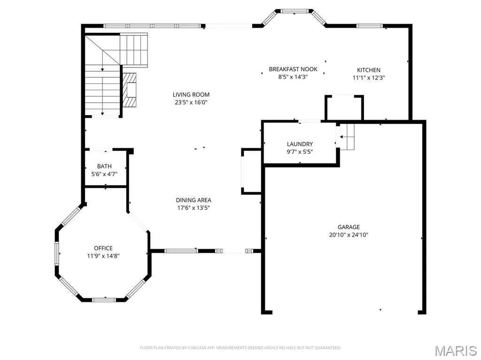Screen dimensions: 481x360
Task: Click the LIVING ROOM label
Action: [x=191, y=95]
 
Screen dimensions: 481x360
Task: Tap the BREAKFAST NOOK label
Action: [x=293, y=69]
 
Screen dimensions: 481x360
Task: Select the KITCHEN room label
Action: [x=368, y=70]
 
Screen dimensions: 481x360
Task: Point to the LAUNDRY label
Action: [x=300, y=144]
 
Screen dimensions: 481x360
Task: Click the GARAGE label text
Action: [x=349, y=227]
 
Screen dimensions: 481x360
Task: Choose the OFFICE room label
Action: [x=103, y=248]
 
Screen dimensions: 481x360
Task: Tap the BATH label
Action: [x=104, y=167]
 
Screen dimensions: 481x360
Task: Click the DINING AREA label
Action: [x=193, y=200]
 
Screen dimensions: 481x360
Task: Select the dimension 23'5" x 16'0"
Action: [x=191, y=102]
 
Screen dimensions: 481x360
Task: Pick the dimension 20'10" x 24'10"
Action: [x=349, y=235]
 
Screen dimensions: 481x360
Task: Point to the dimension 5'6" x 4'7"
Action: [x=104, y=174]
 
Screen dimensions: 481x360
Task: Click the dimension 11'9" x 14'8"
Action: [x=103, y=256]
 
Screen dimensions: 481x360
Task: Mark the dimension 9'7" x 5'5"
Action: [x=300, y=152]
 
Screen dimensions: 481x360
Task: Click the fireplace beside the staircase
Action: [x=130, y=90]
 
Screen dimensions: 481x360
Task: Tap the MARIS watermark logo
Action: [x=456, y=351]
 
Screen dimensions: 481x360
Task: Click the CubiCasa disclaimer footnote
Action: [x=240, y=348]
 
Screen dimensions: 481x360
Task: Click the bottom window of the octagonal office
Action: [x=104, y=299]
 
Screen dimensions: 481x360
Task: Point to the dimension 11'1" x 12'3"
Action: [x=368, y=78]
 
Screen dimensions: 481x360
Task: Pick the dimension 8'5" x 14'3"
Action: [x=293, y=77]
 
